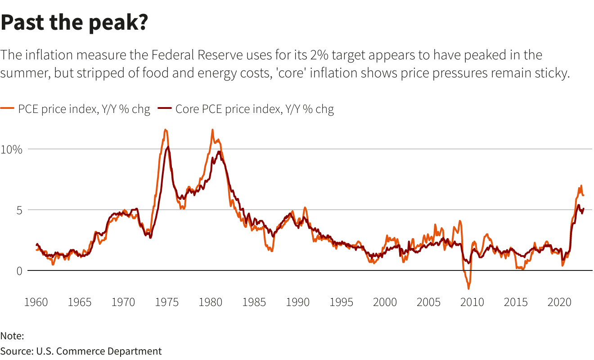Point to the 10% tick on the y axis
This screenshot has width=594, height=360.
(11, 149)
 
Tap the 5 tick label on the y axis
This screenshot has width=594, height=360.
(19, 210)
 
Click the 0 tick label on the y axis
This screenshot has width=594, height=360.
(19, 270)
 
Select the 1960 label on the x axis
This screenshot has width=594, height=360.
(36, 302)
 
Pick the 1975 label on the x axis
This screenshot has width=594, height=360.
(167, 302)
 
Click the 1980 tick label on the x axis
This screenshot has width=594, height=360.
(211, 302)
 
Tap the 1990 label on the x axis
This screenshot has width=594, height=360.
(298, 302)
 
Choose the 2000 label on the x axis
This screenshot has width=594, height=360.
(385, 302)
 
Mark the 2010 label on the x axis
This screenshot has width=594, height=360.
(472, 302)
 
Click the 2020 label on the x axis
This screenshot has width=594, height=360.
(560, 302)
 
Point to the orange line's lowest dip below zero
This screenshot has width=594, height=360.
(468, 288)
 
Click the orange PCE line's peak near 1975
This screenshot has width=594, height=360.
(166, 130)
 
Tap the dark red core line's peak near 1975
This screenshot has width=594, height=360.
(168, 147)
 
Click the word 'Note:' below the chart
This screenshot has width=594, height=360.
(12, 336)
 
